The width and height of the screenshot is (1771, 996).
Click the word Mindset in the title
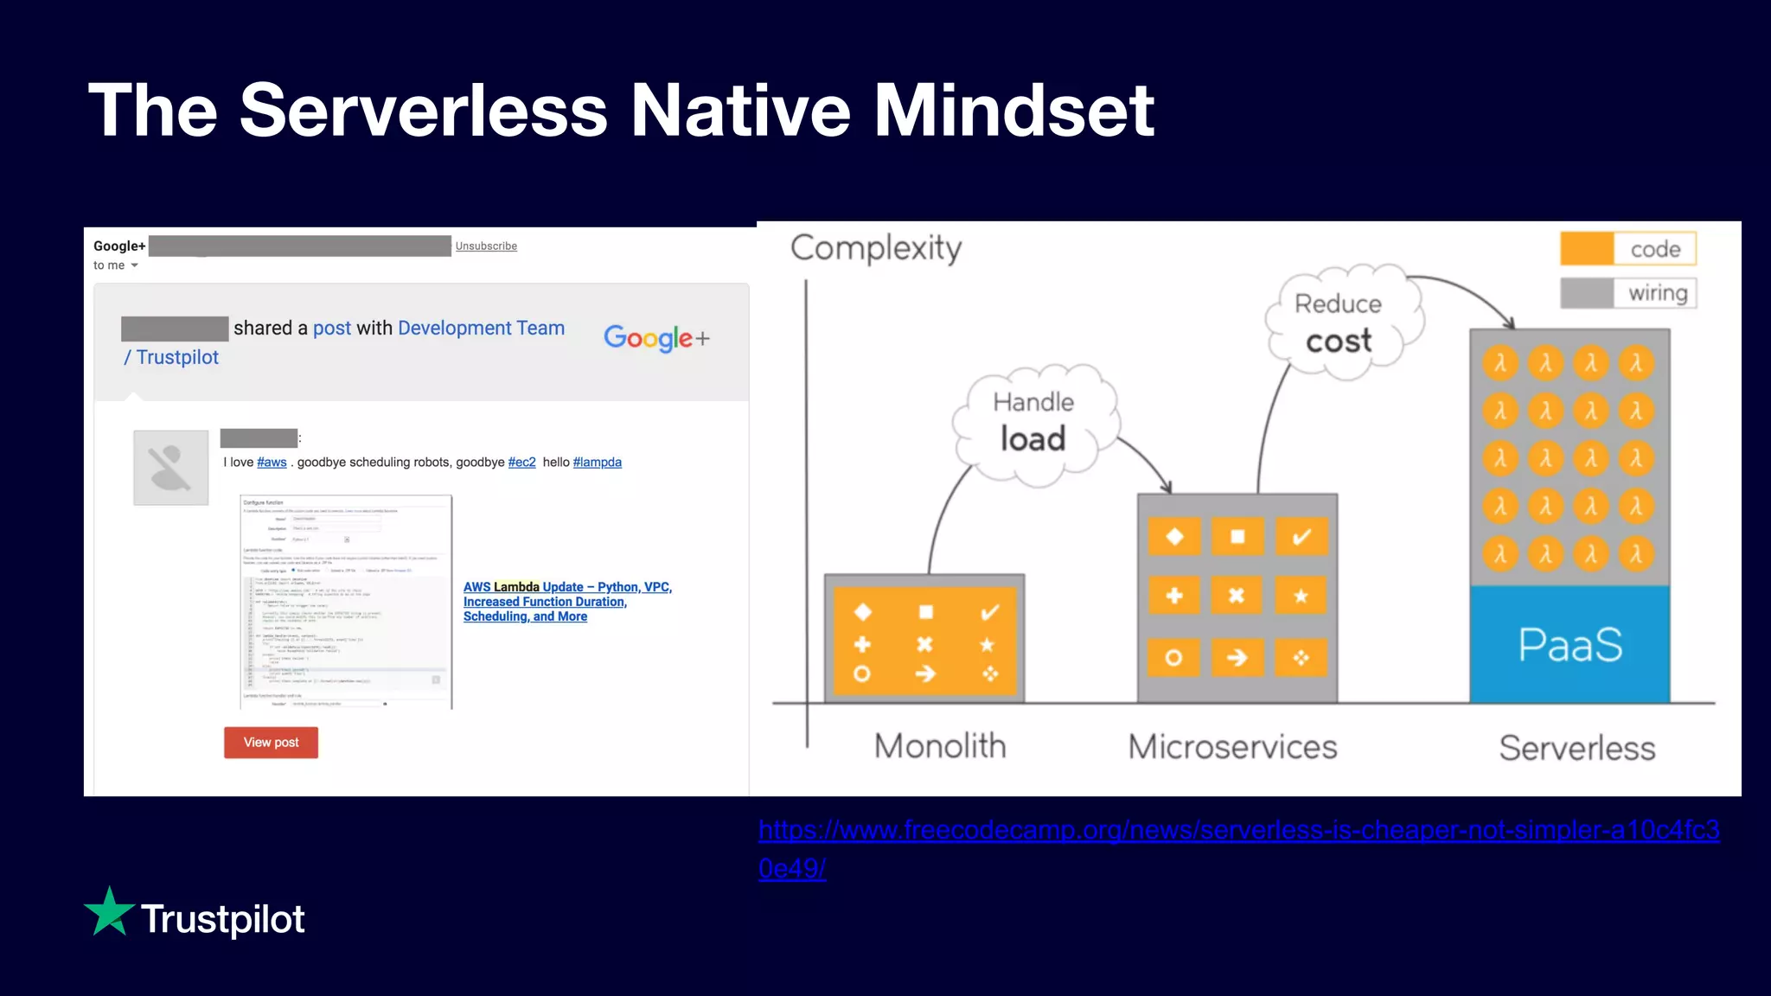click(1013, 111)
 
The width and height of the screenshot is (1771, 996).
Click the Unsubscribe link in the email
click(486, 246)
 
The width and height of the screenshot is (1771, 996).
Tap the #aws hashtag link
click(272, 463)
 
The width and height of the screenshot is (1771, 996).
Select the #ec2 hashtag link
click(521, 463)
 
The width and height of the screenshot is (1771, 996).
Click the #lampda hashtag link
click(597, 463)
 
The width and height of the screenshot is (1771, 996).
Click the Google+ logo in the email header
click(656, 338)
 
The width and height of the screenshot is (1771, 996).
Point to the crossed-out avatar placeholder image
click(171, 468)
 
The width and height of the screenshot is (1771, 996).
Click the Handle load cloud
click(1033, 422)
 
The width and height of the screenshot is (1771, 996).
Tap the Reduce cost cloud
click(1339, 323)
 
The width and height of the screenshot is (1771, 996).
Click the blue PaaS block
click(1570, 644)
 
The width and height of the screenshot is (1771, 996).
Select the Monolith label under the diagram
click(940, 746)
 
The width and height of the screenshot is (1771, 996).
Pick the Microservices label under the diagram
click(1232, 747)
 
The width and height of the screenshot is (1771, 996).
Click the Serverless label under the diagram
click(1576, 748)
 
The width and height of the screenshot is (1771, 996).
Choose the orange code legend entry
click(1627, 249)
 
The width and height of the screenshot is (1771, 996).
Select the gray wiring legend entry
click(1628, 293)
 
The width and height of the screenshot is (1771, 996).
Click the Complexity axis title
click(875, 249)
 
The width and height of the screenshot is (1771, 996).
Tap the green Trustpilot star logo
click(110, 912)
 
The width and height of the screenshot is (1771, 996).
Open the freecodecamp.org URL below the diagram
click(1238, 831)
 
